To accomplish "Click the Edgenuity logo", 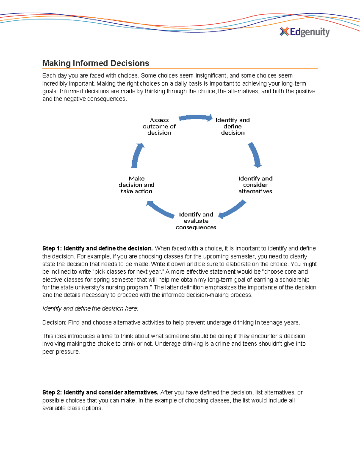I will pyautogui.click(x=304, y=32).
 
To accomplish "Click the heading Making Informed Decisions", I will pyautogui.click(x=96, y=63).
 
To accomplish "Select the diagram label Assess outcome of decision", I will pyautogui.click(x=159, y=126).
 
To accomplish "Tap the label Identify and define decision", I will pyautogui.click(x=232, y=126).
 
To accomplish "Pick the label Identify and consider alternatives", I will pyautogui.click(x=255, y=185).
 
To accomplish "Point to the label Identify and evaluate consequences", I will pyautogui.click(x=196, y=221).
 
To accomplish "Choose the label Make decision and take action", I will pyautogui.click(x=136, y=185).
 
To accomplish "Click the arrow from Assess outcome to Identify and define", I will pyautogui.click(x=195, y=118).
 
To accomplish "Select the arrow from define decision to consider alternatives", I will pyautogui.click(x=255, y=155).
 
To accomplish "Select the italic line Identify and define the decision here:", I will pyautogui.click(x=90, y=308).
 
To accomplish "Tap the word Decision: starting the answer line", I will pyautogui.click(x=54, y=323).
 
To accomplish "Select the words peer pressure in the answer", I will pyautogui.click(x=61, y=352).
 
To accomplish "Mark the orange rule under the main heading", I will pyautogui.click(x=180, y=69).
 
